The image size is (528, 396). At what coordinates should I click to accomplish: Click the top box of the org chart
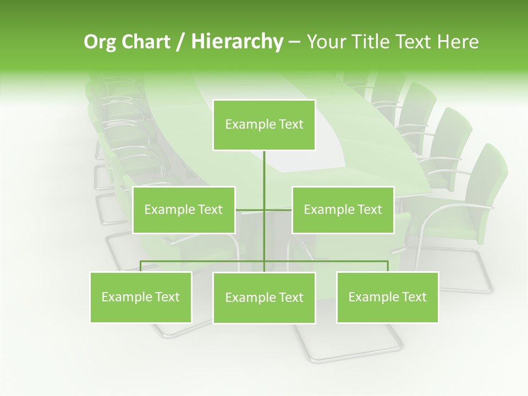pos(264,125)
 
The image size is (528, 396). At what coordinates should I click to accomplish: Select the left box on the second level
pos(184,210)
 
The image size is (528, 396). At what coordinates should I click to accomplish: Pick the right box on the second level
pos(343,210)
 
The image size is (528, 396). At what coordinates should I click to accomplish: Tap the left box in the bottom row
pos(141,297)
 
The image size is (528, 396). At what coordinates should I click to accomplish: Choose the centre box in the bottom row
pos(264,298)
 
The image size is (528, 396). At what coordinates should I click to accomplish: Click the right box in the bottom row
pos(387,297)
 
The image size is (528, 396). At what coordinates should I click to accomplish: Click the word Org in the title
pos(100,42)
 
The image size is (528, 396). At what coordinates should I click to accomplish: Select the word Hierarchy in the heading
pos(237,42)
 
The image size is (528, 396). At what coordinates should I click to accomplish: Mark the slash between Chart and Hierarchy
pos(180,42)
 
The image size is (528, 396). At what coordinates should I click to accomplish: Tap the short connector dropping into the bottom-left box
pos(141,266)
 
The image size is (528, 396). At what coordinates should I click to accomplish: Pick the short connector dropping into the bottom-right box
pos(388,266)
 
